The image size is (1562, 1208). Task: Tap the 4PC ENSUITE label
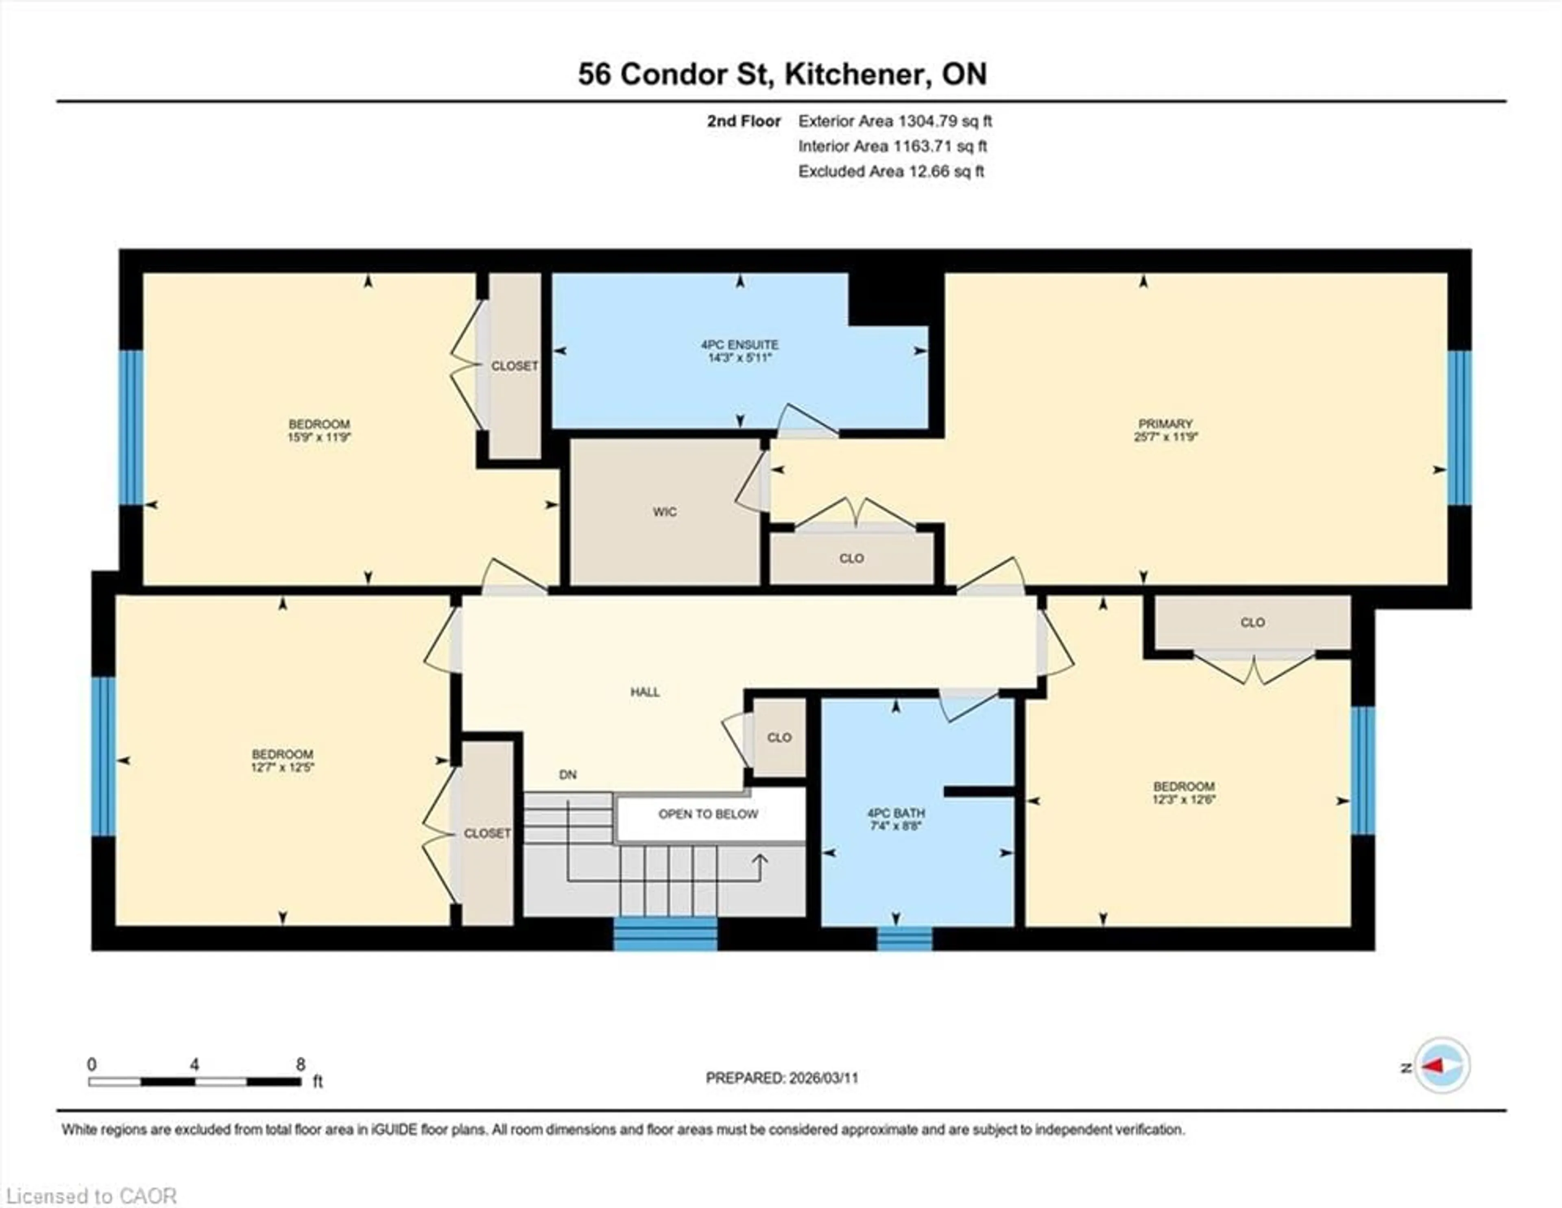coord(740,345)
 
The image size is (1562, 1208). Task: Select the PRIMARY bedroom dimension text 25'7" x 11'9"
coord(1165,437)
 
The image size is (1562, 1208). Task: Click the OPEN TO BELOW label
coord(708,814)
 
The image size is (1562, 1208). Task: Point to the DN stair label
coord(568,774)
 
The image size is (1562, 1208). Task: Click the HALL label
coord(644,691)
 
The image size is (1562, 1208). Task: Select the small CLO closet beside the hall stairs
coord(779,737)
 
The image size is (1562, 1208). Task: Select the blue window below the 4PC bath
coord(905,938)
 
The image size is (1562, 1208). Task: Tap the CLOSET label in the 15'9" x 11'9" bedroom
coord(514,366)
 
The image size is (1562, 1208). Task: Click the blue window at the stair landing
coord(665,934)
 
